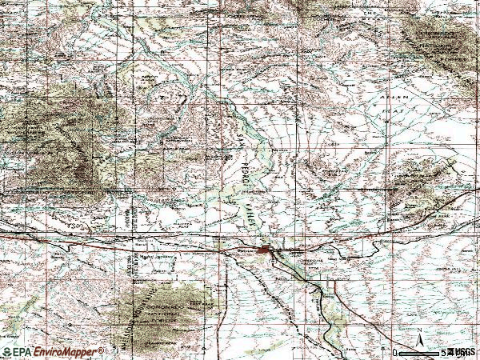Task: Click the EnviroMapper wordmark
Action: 68,352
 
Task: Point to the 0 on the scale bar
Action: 394,352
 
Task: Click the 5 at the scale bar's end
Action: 442,352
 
